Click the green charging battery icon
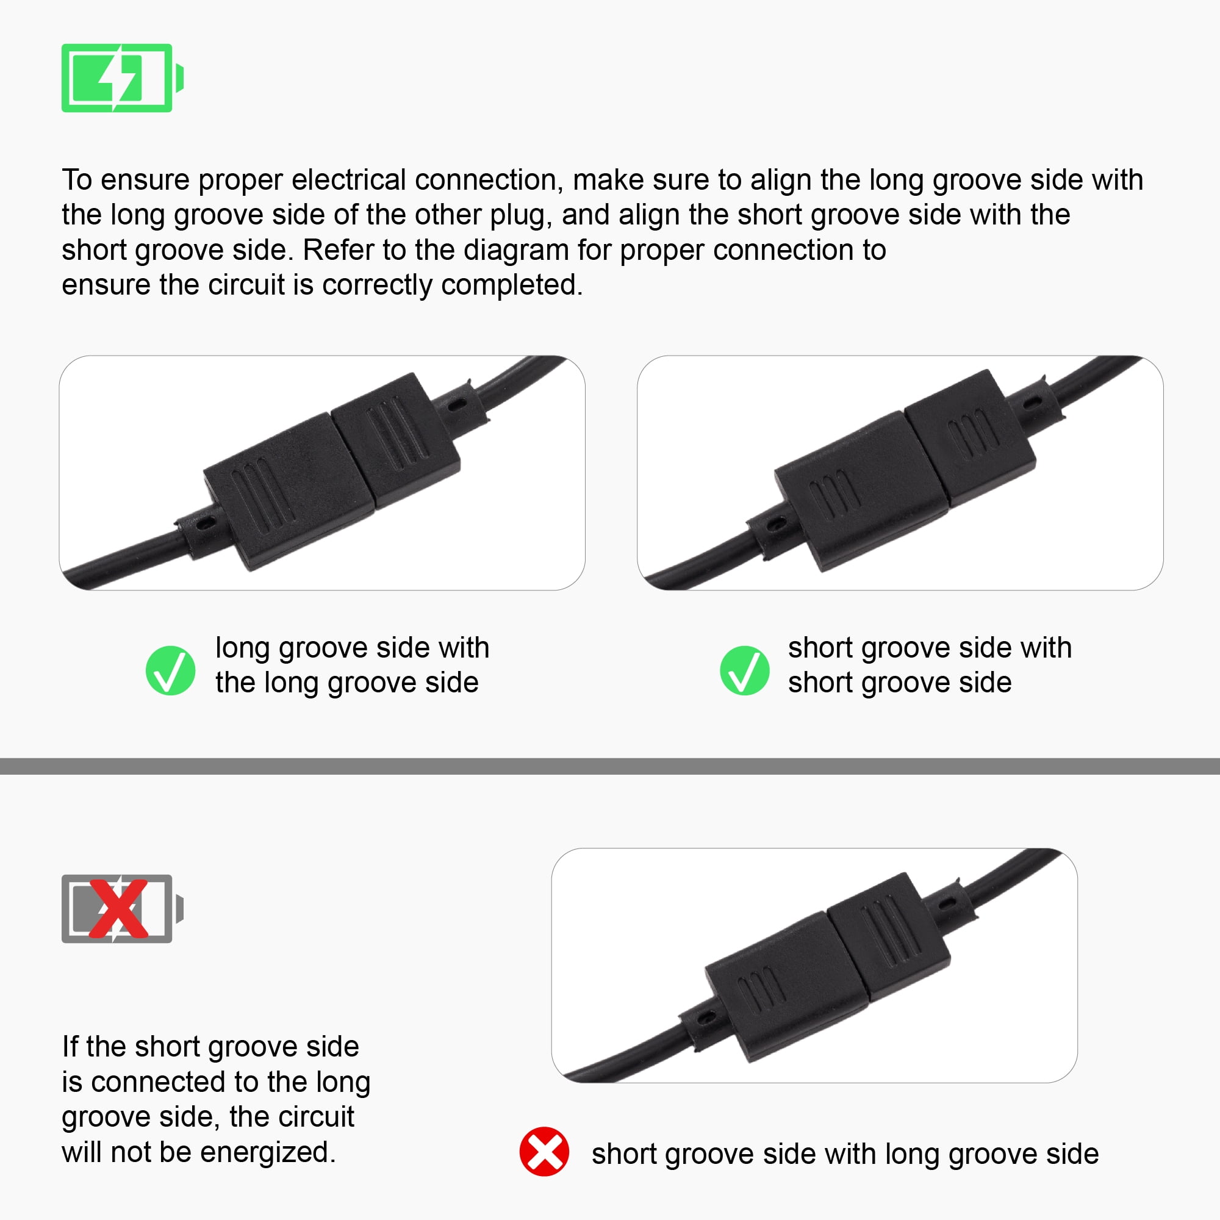pyautogui.click(x=122, y=77)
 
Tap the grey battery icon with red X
pyautogui.click(x=122, y=909)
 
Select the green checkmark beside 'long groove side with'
pyautogui.click(x=171, y=670)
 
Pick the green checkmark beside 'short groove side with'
pyautogui.click(x=744, y=670)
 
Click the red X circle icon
pyautogui.click(x=544, y=1151)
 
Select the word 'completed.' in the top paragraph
pyautogui.click(x=512, y=285)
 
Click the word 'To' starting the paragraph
pyautogui.click(x=76, y=180)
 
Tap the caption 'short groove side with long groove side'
pyautogui.click(x=845, y=1154)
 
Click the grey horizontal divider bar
pyautogui.click(x=610, y=766)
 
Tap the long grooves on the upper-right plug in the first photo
pyautogui.click(x=398, y=432)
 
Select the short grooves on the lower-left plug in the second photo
pyautogui.click(x=835, y=492)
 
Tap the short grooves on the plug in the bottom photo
pyautogui.click(x=761, y=989)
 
